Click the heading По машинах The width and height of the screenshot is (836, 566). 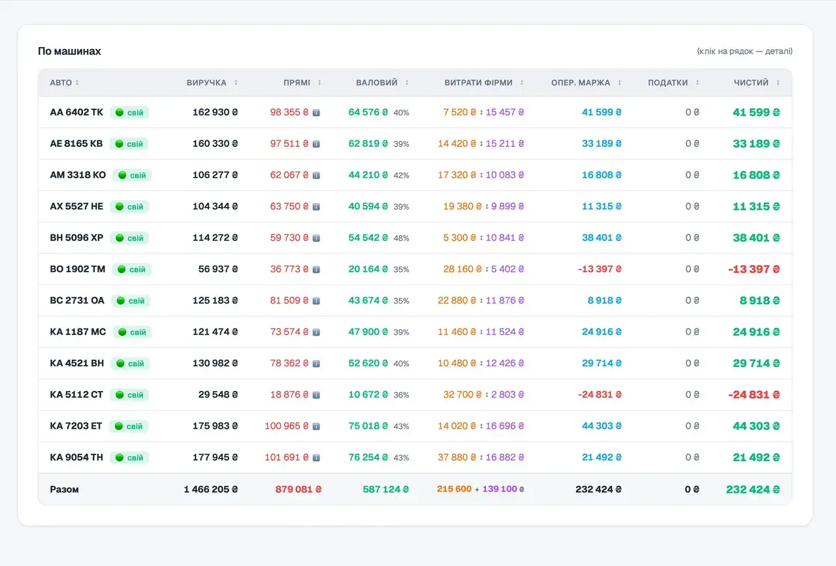[69, 51]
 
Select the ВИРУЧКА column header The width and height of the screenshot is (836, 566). [206, 82]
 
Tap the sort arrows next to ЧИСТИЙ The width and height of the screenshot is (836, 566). [778, 82]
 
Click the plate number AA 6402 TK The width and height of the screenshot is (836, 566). [76, 112]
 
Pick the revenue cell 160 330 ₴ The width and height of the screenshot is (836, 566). [215, 144]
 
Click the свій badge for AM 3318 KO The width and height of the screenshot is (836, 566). [132, 175]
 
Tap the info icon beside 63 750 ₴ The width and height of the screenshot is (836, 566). [316, 207]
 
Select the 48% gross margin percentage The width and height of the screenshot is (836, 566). [401, 238]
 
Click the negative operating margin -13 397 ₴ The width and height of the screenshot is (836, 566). [600, 269]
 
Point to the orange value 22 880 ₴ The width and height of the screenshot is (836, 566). [457, 300]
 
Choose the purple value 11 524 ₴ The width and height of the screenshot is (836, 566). [505, 332]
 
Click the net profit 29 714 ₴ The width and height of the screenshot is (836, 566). [756, 363]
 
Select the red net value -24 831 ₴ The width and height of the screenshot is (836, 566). [754, 394]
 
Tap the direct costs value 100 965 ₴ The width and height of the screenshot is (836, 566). [287, 426]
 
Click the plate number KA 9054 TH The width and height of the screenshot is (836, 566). [76, 457]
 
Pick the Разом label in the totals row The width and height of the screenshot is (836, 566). [64, 489]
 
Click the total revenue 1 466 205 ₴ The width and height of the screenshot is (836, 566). [210, 489]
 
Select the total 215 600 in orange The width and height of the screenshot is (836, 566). [454, 489]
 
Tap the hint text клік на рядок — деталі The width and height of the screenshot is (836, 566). [745, 51]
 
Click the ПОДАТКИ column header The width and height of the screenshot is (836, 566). [667, 82]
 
